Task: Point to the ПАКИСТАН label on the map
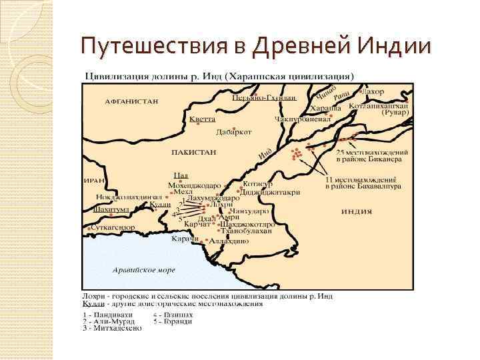click(x=194, y=152)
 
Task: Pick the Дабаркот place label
click(x=233, y=132)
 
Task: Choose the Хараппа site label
click(x=325, y=108)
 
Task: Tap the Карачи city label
click(x=186, y=239)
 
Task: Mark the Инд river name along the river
click(x=265, y=153)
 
